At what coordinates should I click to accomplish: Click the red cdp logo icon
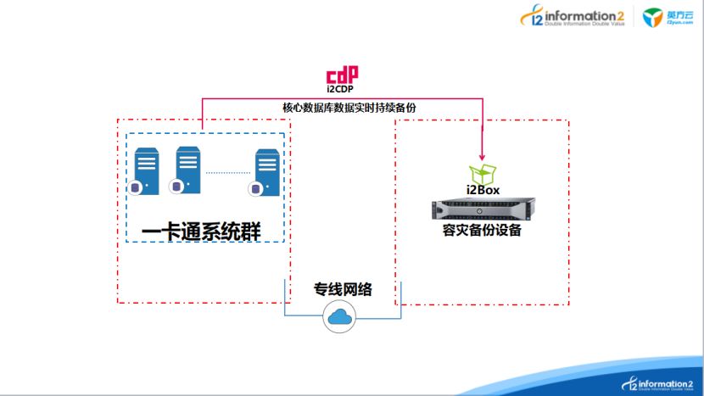pos(342,74)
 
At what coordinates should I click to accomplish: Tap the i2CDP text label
pos(342,88)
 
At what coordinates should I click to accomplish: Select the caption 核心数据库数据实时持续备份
pos(349,108)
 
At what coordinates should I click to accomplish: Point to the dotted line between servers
pos(227,173)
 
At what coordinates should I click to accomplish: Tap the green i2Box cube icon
pos(482,174)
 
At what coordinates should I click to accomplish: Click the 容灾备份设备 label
pos(482,229)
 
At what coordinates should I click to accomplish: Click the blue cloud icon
pos(341,320)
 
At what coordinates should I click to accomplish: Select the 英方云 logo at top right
pos(664,18)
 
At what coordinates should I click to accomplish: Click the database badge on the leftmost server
pos(134,187)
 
